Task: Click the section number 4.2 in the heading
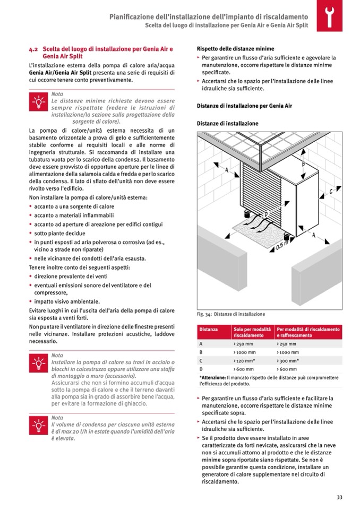click(x=33, y=48)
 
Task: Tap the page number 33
click(x=339, y=497)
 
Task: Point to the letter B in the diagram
click(x=303, y=164)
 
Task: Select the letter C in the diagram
click(x=331, y=191)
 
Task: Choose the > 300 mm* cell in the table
click(x=289, y=360)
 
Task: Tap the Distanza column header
click(x=208, y=330)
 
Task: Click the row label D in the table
click(x=201, y=368)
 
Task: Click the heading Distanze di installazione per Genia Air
click(x=244, y=106)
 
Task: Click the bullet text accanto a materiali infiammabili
click(x=74, y=214)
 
